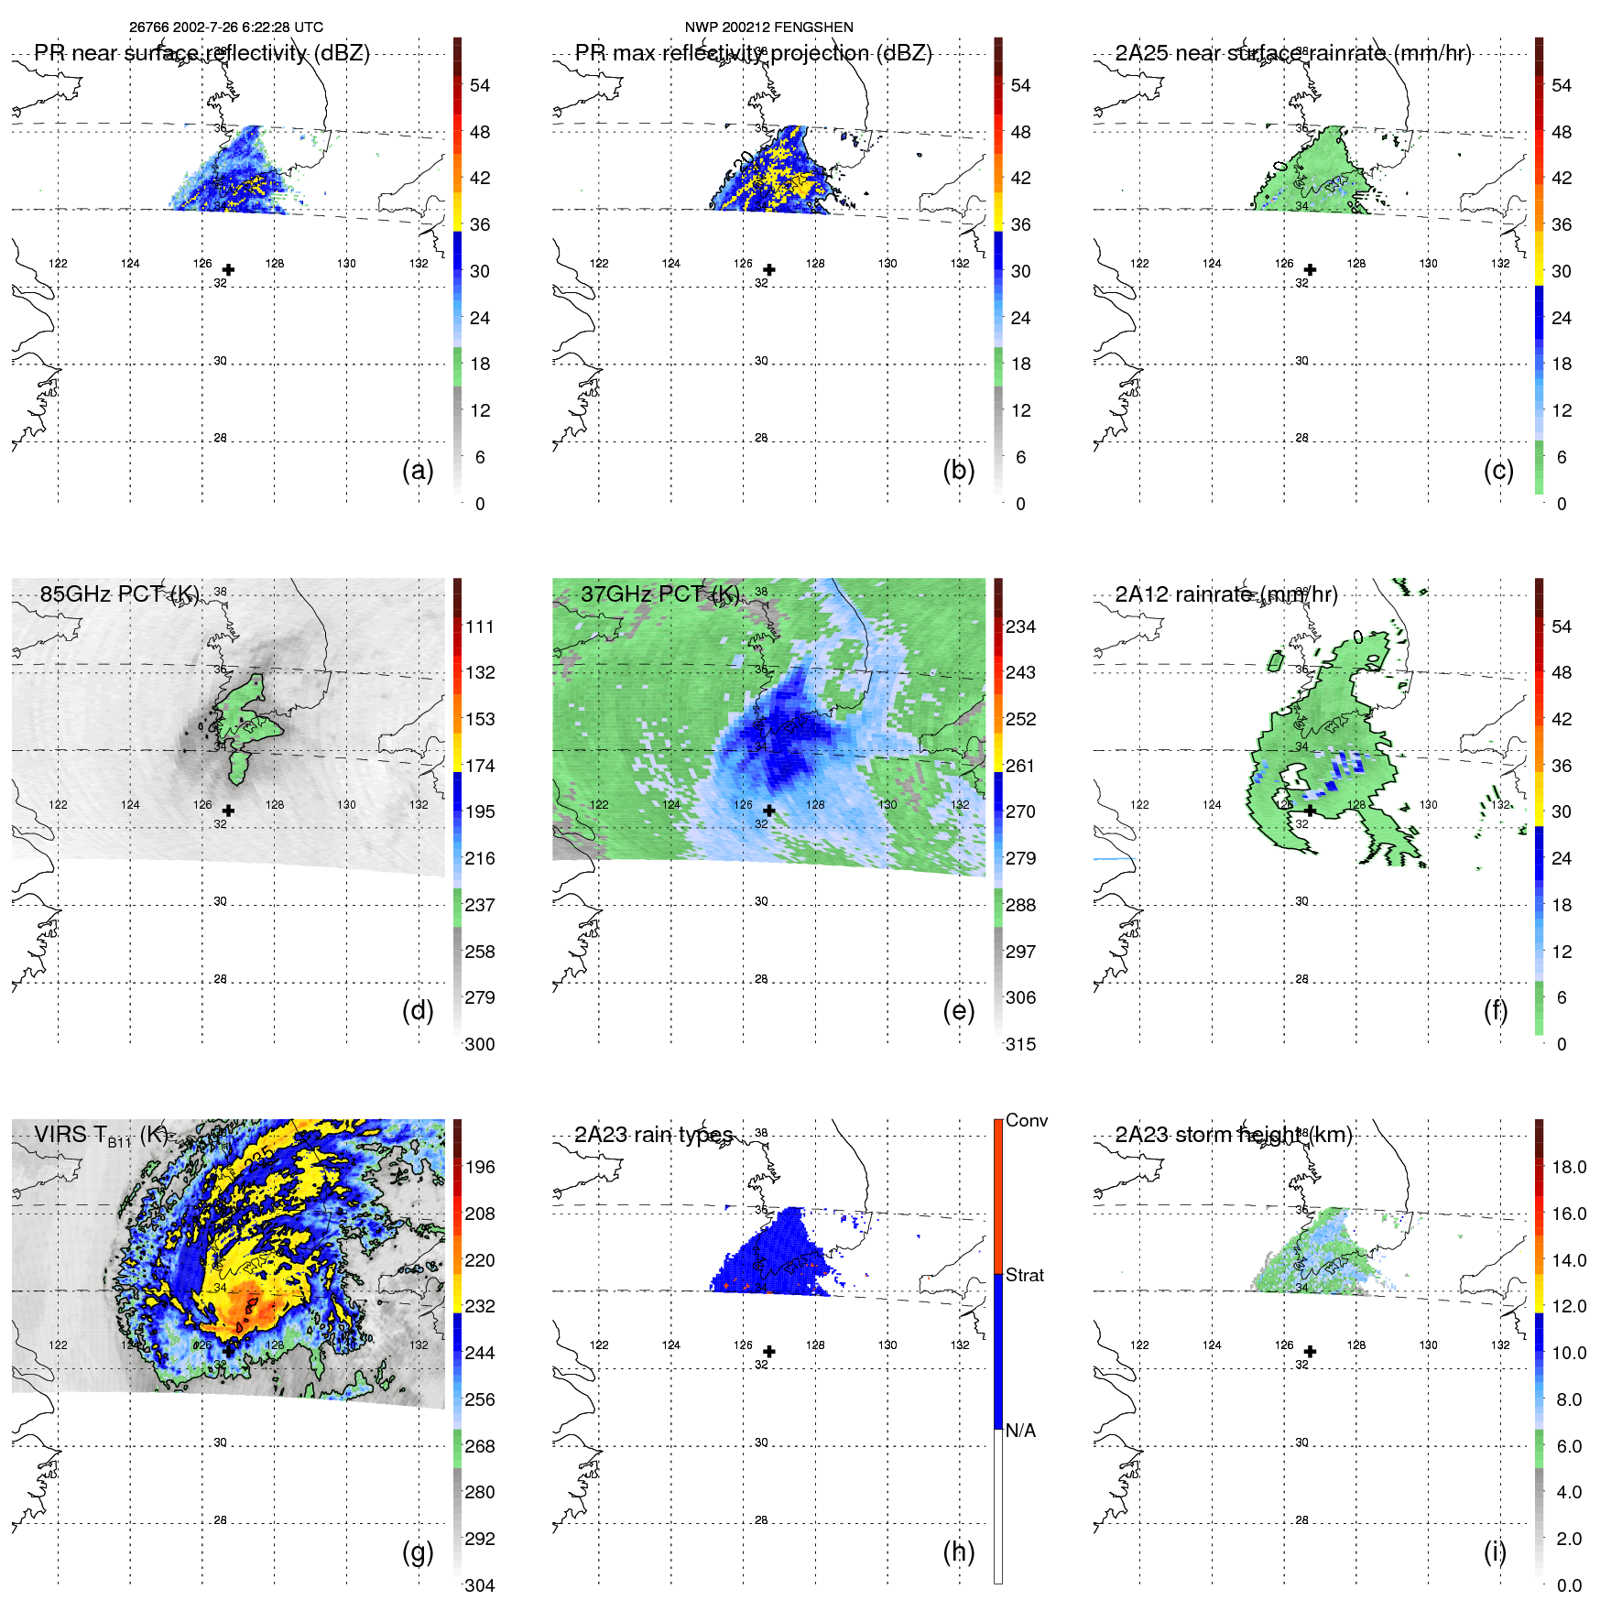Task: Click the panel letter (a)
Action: coord(418,471)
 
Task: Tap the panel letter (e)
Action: coord(958,1011)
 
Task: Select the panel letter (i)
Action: coord(1495,1551)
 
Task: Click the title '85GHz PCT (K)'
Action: coord(119,593)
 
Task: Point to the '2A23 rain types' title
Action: coord(653,1135)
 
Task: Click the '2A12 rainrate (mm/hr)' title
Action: coord(1225,593)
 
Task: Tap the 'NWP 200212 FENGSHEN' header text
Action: coord(768,27)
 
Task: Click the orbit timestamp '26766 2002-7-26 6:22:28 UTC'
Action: coord(226,27)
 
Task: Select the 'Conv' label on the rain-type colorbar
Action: coord(1026,1120)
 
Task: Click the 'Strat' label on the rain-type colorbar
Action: coord(1024,1275)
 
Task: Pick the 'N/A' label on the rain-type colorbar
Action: coord(1020,1431)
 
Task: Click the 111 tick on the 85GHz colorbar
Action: coord(480,626)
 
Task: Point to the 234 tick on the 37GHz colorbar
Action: coord(1020,626)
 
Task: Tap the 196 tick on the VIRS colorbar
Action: coord(480,1167)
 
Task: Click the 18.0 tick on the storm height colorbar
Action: coord(1569,1167)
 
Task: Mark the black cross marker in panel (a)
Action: coord(228,270)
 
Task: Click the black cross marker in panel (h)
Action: coord(769,1352)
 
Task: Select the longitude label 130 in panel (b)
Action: coord(887,264)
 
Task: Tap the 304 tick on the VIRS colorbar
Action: coord(480,1585)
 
